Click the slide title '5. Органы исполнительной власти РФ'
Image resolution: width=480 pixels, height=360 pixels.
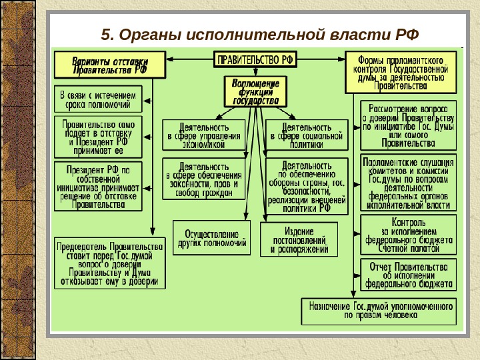tap(257, 33)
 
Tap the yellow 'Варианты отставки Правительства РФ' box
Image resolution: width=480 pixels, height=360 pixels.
tap(110, 65)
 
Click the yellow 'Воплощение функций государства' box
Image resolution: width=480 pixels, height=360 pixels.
tap(255, 92)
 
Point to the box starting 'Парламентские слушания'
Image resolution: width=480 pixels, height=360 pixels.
tap(408, 183)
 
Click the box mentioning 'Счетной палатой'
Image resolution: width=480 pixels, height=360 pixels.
tap(408, 234)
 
